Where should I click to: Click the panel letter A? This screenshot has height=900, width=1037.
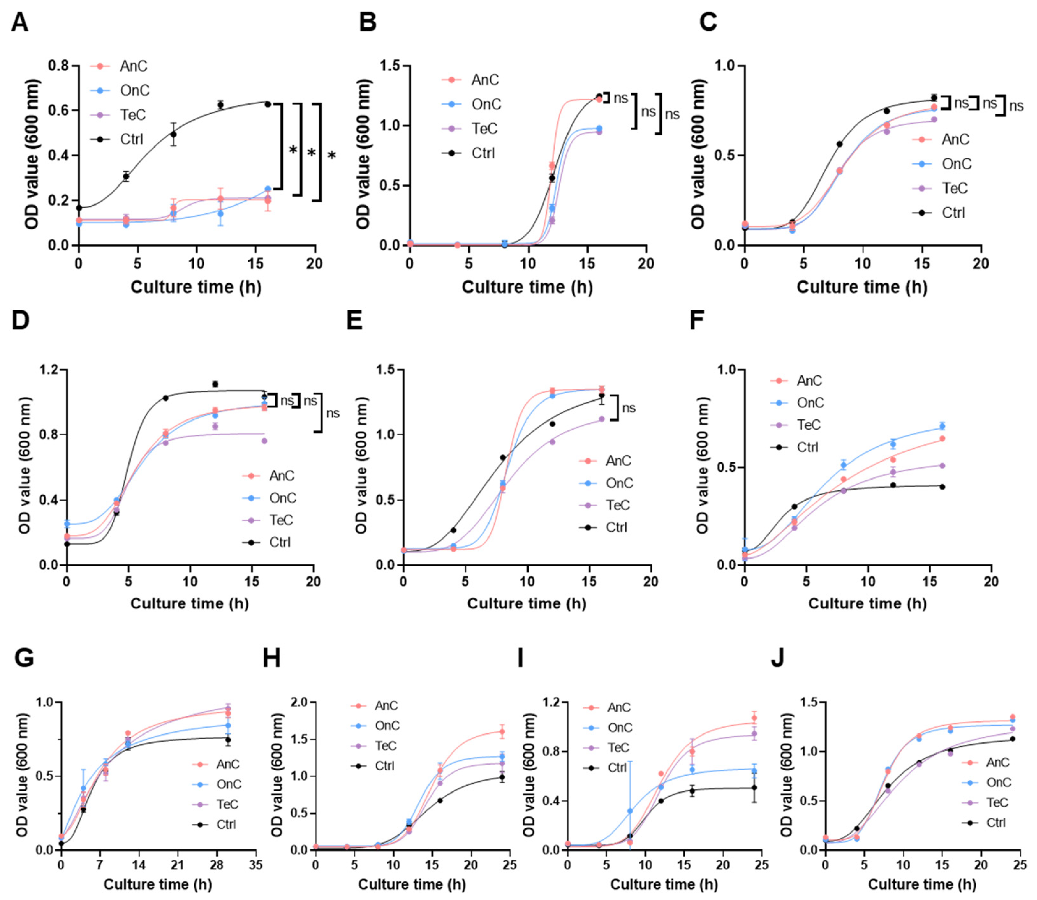20,23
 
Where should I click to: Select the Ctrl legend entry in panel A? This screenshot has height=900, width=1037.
132,139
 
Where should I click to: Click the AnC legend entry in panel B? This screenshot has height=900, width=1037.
485,80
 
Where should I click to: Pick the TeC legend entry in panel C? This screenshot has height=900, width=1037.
955,188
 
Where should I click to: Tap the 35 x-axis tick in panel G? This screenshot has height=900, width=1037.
256,865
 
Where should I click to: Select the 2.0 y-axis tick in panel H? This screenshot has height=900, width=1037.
294,702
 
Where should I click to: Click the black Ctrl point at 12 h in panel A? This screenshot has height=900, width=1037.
220,104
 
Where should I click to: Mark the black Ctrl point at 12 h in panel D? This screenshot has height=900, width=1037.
215,384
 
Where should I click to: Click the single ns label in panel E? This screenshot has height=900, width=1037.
629,408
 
